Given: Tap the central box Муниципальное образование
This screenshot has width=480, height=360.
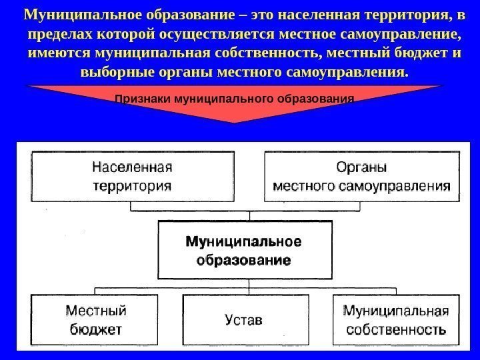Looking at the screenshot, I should (x=244, y=249).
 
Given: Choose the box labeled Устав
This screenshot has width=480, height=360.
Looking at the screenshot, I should (x=244, y=320).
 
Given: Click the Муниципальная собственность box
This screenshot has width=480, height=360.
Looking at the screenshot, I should (x=395, y=320).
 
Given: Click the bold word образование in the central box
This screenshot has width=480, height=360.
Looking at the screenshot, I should (x=243, y=259).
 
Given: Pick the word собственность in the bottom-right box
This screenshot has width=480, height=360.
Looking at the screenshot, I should (x=395, y=329).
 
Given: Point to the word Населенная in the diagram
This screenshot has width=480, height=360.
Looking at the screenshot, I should (x=133, y=167).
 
